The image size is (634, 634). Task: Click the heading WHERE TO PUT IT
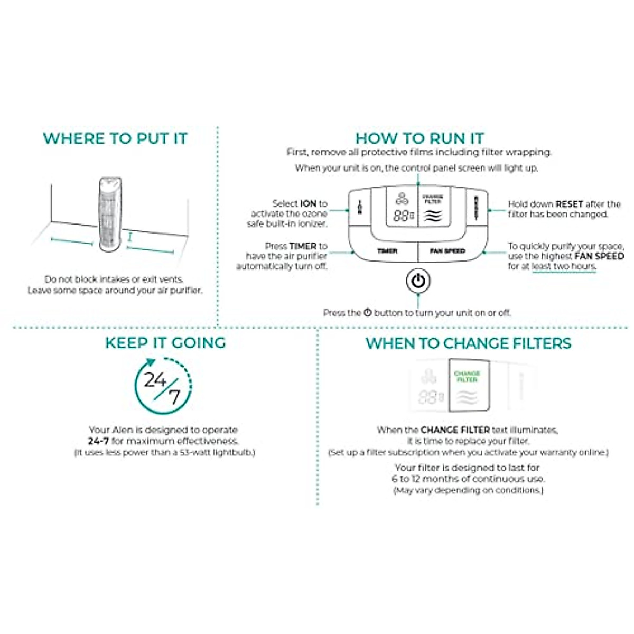[x=115, y=138]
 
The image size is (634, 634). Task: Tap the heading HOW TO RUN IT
[x=419, y=138]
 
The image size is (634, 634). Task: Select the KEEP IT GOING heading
[x=165, y=343]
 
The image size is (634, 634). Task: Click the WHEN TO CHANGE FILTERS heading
[x=468, y=343]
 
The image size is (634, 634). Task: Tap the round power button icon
[x=418, y=281]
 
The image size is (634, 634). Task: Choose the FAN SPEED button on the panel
[x=447, y=251]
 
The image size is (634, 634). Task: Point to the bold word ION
[x=308, y=203]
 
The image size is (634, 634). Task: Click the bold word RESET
[x=569, y=204]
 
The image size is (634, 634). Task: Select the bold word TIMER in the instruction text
[x=302, y=246]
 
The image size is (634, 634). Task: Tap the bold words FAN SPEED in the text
[x=599, y=256]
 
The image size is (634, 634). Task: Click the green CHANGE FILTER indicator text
[x=467, y=377]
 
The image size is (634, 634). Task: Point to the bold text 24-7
[x=98, y=441]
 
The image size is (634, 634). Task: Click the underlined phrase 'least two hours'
[x=563, y=266]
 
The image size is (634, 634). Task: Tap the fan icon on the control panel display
[x=402, y=199]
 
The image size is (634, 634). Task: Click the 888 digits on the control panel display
[x=402, y=216]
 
